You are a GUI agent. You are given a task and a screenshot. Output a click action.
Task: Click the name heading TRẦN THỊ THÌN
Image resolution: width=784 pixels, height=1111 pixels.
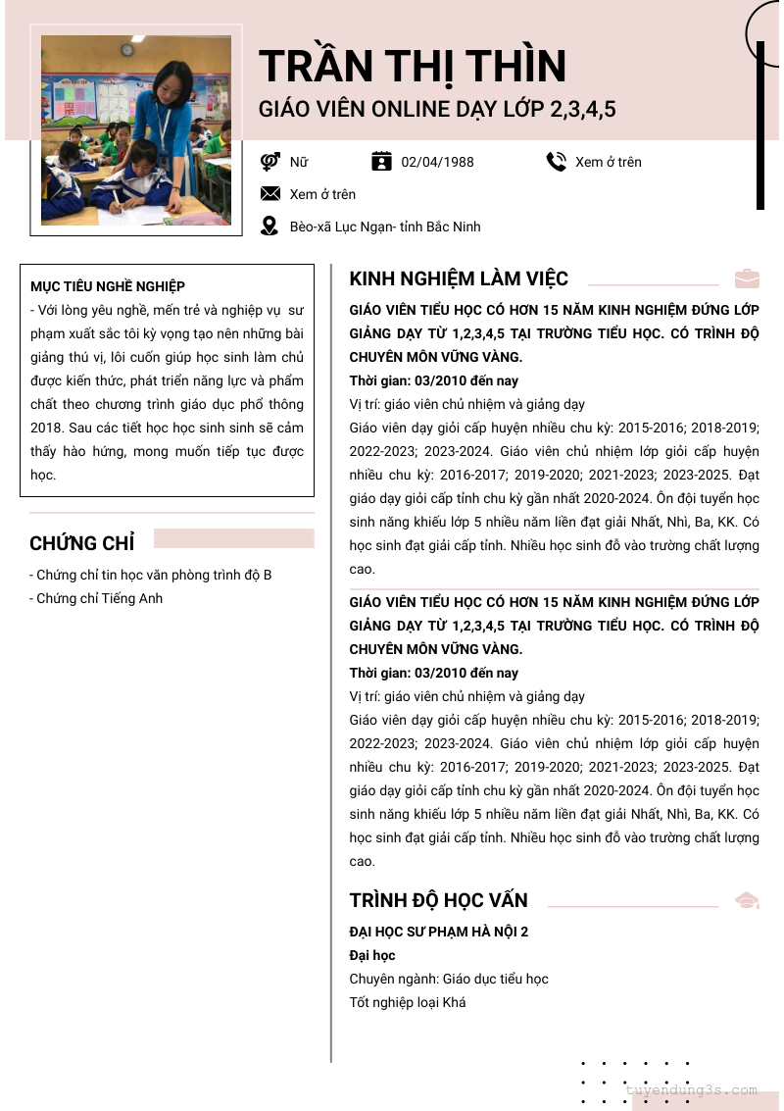coord(413,67)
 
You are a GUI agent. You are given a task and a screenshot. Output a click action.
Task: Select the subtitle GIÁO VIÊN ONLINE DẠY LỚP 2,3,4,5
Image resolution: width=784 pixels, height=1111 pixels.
coord(437,109)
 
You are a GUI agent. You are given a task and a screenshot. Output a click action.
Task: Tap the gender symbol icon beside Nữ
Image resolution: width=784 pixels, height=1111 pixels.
coord(270,162)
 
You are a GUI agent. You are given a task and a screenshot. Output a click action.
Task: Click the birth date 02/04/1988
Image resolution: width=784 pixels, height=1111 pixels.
coord(437,162)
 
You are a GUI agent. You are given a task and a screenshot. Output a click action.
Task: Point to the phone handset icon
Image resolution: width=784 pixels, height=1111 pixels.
coord(557,162)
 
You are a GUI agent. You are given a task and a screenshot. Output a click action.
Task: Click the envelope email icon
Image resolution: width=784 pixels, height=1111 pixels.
coord(270,194)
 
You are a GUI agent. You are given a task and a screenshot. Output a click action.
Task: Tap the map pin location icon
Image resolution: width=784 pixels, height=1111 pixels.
coord(269,227)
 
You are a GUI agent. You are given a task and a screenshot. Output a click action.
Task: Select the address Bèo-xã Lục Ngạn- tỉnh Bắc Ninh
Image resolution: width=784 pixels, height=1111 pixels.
coord(385,227)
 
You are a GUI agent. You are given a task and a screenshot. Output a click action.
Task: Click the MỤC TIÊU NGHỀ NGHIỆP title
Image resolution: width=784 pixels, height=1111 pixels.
coord(108,286)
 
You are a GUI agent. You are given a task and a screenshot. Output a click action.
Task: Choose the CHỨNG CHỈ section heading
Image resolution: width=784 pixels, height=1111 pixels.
coord(82,542)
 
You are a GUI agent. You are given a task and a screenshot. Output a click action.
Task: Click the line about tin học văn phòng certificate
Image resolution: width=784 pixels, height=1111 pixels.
coord(151,575)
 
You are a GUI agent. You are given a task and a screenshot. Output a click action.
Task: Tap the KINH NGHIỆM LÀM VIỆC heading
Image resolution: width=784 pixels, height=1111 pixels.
coord(459,278)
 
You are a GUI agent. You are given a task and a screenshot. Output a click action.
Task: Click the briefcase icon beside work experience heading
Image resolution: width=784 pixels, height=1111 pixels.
coord(747,278)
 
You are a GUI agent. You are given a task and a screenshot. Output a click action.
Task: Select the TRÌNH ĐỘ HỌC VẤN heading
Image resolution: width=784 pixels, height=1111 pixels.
coord(439,900)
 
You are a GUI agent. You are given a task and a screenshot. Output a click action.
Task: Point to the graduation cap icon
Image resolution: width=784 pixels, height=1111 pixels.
coord(747,900)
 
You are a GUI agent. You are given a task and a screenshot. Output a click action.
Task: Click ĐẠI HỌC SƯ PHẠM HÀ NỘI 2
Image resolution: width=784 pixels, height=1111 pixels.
coord(439,932)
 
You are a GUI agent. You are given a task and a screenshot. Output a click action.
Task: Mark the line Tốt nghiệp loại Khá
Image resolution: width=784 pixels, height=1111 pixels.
coord(408,1002)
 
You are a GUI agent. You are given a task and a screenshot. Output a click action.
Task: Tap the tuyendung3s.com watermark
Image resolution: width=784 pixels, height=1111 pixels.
coord(691,1089)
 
